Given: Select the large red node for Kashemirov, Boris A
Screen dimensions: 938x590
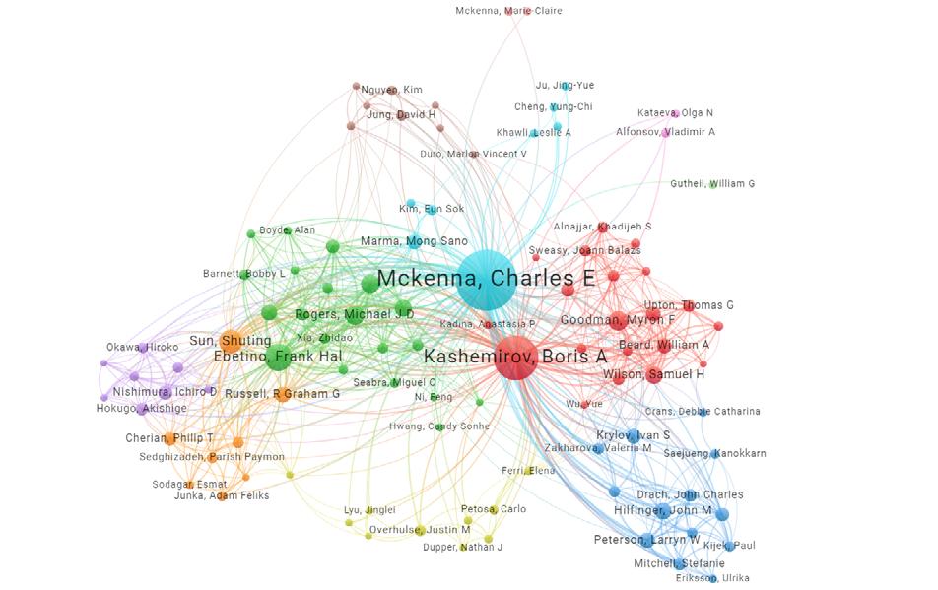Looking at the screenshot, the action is tap(507, 357).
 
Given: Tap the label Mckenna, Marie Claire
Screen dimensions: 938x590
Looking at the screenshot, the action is tap(508, 11).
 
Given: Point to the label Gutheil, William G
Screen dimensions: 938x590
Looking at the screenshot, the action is tap(712, 184).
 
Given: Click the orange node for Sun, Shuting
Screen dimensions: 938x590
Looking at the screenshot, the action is tap(233, 341).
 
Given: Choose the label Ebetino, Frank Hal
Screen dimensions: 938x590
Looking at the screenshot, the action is tap(264, 357).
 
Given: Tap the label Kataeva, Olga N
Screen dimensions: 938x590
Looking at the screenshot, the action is tap(675, 113).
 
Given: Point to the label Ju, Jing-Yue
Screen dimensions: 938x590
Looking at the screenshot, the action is tap(565, 86).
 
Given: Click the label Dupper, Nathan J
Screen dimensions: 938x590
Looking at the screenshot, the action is tap(463, 547).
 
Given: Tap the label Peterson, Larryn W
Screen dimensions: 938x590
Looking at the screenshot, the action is tap(646, 540).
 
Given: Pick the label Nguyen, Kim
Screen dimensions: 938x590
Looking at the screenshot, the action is tap(391, 90).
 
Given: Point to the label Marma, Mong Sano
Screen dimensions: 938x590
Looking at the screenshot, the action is tap(414, 241).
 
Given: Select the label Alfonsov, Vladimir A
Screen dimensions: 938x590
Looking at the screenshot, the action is tap(665, 131).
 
